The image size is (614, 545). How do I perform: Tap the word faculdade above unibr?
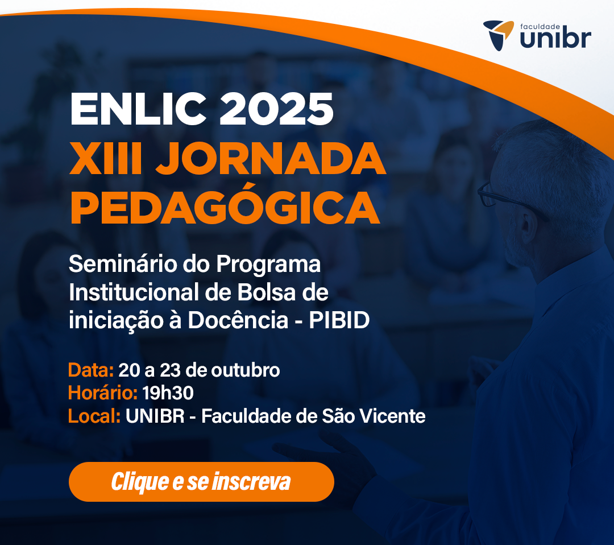click(x=540, y=27)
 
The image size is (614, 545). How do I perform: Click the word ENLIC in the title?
click(x=138, y=109)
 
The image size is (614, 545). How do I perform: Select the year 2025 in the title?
click(x=276, y=109)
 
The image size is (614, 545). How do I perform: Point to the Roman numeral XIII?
click(x=106, y=158)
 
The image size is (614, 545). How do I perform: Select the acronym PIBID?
click(x=339, y=320)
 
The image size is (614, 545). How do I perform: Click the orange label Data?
click(x=91, y=370)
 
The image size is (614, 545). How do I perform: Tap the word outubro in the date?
click(x=246, y=370)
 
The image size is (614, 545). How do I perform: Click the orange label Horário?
click(x=102, y=393)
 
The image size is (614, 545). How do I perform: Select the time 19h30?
click(x=168, y=393)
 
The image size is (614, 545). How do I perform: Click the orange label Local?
click(x=94, y=416)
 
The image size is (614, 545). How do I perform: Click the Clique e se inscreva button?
click(x=201, y=481)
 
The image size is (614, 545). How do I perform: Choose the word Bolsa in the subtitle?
click(x=266, y=292)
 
